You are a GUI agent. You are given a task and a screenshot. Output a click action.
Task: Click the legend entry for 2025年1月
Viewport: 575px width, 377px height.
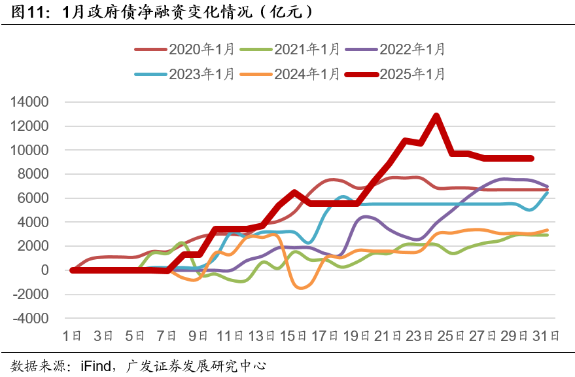(x=412, y=74)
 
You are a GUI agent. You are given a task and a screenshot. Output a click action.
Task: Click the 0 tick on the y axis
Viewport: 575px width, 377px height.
(x=45, y=270)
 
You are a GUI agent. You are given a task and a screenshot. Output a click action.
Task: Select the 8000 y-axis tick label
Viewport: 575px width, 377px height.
(x=35, y=174)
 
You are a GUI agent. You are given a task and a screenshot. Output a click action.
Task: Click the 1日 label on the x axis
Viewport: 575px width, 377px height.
(x=72, y=336)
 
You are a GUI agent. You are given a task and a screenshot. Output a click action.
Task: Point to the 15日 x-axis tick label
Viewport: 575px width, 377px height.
(x=292, y=336)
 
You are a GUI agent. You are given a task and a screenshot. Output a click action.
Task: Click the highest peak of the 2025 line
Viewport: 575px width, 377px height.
(x=436, y=116)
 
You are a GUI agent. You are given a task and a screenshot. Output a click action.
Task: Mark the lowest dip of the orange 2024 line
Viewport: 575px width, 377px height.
(x=302, y=287)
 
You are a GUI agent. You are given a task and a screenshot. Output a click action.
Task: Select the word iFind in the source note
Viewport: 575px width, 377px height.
(x=96, y=365)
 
